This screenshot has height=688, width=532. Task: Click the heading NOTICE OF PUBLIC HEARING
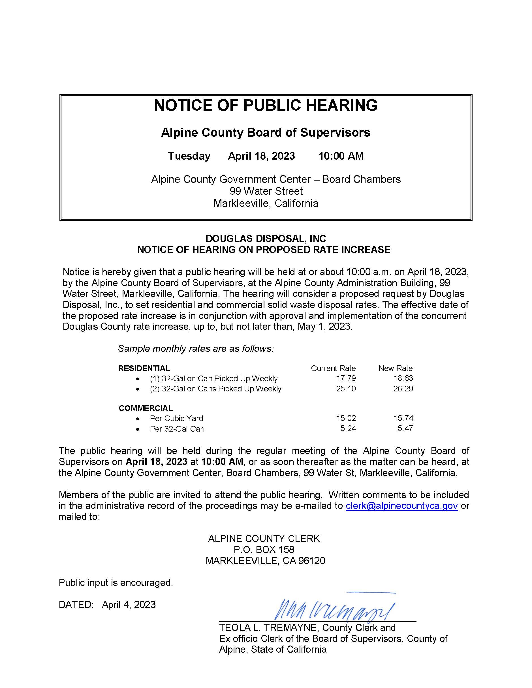tap(265, 105)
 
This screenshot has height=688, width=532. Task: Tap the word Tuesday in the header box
tap(189, 156)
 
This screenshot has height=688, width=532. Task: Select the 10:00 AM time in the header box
tap(341, 156)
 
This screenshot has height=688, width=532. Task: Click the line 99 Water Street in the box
tap(266, 191)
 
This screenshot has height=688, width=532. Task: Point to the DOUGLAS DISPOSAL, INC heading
tap(265, 238)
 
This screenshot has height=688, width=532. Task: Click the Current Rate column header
tap(333, 368)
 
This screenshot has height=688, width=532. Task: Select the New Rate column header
tap(395, 368)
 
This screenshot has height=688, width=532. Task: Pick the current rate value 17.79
tap(346, 378)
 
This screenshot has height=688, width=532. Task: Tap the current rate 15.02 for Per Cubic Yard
tap(346, 418)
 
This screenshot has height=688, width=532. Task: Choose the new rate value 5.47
tap(405, 428)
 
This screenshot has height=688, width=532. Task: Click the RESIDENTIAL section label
tap(144, 368)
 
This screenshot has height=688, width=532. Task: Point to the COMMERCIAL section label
tap(146, 408)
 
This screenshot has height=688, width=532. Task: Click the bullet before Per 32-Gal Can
tap(137, 429)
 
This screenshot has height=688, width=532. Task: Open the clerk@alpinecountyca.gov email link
tap(401, 506)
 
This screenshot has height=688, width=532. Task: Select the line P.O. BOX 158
tap(264, 549)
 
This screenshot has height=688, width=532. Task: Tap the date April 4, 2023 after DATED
tap(129, 605)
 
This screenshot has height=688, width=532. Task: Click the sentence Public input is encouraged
tap(116, 582)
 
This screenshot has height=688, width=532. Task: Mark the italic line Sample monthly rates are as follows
tap(196, 349)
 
